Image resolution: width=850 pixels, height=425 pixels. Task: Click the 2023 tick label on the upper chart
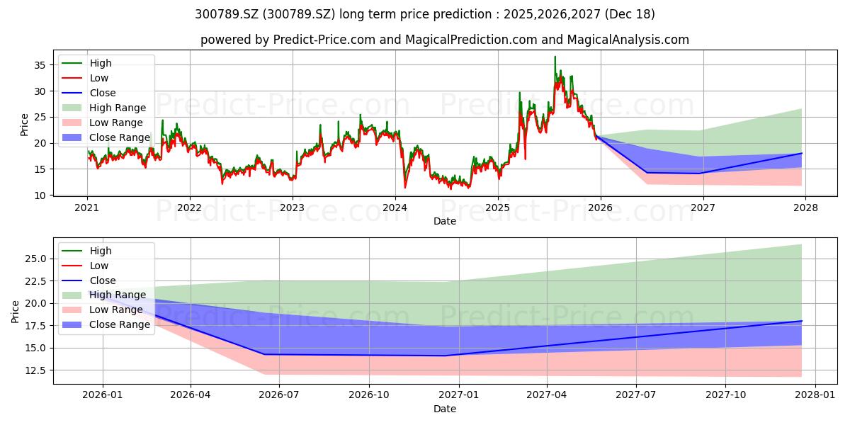(x=292, y=208)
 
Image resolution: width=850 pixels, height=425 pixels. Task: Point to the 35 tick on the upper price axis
(x=40, y=65)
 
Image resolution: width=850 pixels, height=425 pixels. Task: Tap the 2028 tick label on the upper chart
(x=805, y=208)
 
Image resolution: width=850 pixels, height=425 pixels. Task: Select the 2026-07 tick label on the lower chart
(x=279, y=395)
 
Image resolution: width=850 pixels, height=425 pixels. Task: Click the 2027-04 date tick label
(x=547, y=395)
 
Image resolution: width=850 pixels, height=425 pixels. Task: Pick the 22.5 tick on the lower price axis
(x=35, y=281)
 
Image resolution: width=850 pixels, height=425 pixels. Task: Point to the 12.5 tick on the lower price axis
(x=35, y=370)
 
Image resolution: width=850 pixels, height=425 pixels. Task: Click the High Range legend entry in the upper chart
(x=104, y=108)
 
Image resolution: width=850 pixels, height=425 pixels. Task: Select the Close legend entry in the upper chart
(x=89, y=93)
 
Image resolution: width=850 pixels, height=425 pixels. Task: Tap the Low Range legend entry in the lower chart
(x=103, y=310)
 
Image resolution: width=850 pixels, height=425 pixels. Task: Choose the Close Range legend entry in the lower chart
(x=106, y=324)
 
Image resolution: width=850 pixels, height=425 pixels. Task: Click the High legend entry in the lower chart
(x=86, y=251)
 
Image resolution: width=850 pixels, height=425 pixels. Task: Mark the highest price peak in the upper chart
(x=555, y=57)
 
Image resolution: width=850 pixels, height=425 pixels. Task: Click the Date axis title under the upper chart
(x=445, y=221)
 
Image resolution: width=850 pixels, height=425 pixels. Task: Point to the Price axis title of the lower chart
(x=15, y=312)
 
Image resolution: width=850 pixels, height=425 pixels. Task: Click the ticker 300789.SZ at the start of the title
(x=227, y=14)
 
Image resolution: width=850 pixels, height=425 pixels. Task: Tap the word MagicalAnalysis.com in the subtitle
(x=628, y=40)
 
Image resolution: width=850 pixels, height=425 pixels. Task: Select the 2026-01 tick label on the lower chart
(x=103, y=395)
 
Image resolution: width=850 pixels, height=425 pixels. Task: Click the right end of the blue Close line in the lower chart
(x=802, y=321)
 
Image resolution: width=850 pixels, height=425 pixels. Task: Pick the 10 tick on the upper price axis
(x=40, y=195)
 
